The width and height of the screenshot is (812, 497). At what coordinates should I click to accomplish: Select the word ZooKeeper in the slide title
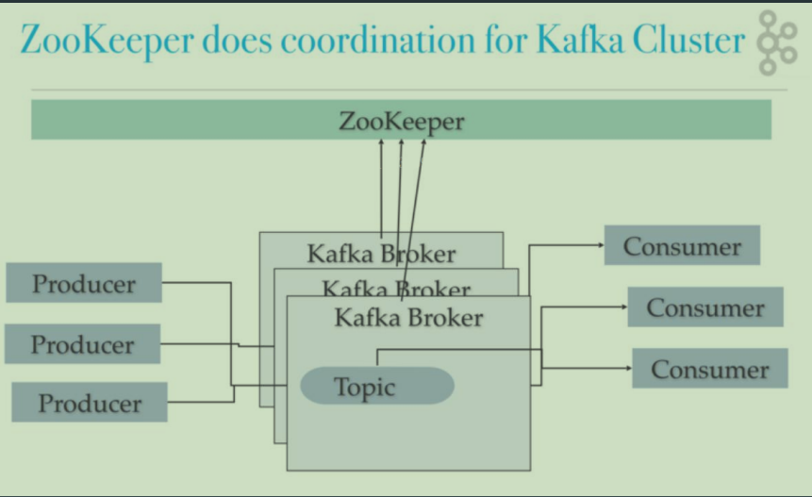click(x=108, y=41)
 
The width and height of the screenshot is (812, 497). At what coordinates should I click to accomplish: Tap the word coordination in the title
click(x=377, y=40)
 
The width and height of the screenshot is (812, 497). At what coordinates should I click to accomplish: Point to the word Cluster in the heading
click(x=688, y=40)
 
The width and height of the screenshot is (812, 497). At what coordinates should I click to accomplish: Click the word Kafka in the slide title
click(x=580, y=40)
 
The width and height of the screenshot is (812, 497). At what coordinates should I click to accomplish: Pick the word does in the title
click(x=237, y=40)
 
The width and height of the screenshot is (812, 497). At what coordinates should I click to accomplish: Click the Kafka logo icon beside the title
click(x=776, y=43)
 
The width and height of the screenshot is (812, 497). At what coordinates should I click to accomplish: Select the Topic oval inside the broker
click(x=377, y=386)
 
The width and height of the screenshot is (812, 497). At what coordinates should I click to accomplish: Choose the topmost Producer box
click(x=84, y=283)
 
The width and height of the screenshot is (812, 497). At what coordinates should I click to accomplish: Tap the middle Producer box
click(x=82, y=344)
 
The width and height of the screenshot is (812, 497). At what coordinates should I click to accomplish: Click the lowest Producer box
click(x=90, y=403)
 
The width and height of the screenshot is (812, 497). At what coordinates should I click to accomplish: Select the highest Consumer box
click(x=682, y=245)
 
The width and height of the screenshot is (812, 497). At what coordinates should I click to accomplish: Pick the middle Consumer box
click(x=705, y=307)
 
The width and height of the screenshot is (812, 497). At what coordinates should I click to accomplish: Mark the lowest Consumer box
click(x=710, y=368)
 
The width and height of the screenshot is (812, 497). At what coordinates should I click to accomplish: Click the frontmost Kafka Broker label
click(x=408, y=318)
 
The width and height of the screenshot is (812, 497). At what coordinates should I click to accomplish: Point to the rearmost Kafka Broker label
click(x=382, y=254)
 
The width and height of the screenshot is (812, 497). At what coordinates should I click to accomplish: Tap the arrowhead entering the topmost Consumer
click(x=602, y=245)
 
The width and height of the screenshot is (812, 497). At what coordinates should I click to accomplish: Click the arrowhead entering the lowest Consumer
click(x=629, y=368)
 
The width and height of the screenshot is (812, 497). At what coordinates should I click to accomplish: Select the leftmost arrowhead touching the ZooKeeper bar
click(x=381, y=142)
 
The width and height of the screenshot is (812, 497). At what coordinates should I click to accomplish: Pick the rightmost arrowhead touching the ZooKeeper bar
click(x=423, y=142)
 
